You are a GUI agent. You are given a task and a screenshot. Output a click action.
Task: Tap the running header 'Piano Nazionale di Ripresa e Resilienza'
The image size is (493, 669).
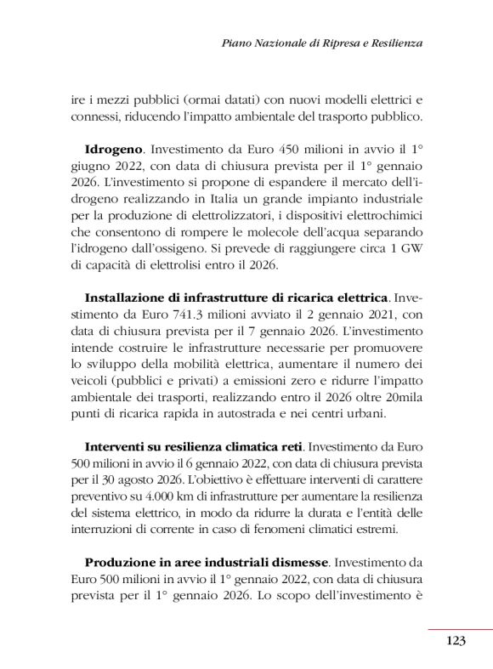(321, 42)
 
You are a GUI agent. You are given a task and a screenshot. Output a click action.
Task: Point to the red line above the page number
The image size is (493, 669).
(460, 630)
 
